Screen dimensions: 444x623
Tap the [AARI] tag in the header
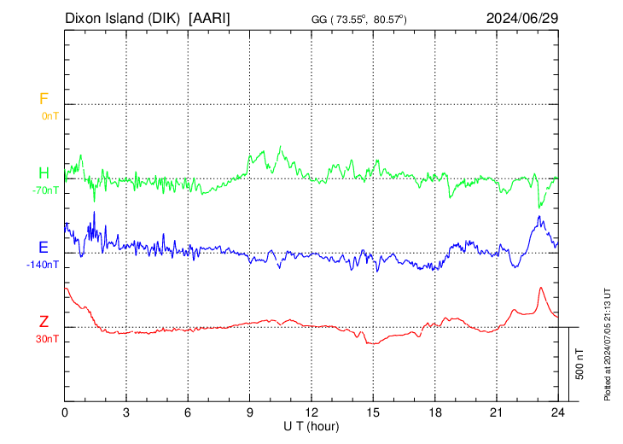click(210, 18)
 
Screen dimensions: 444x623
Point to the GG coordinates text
click(358, 19)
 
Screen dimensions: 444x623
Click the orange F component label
click(43, 99)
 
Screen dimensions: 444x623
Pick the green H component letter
click(43, 173)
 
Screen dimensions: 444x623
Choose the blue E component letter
click(43, 248)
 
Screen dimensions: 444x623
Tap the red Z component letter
click(43, 322)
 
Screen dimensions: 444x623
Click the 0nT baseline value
click(49, 115)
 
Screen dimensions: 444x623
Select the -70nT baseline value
click(45, 190)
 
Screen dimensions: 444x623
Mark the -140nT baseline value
click(43, 264)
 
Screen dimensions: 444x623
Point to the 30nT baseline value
click(47, 338)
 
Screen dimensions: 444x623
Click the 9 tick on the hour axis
click(250, 412)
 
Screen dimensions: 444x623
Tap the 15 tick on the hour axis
click(373, 412)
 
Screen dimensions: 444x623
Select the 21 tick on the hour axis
click(496, 412)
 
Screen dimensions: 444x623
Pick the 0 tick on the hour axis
click(66, 412)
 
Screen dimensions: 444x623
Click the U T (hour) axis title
click(311, 425)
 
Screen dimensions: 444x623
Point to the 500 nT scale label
click(580, 364)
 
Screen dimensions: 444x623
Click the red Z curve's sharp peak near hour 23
click(540, 288)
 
